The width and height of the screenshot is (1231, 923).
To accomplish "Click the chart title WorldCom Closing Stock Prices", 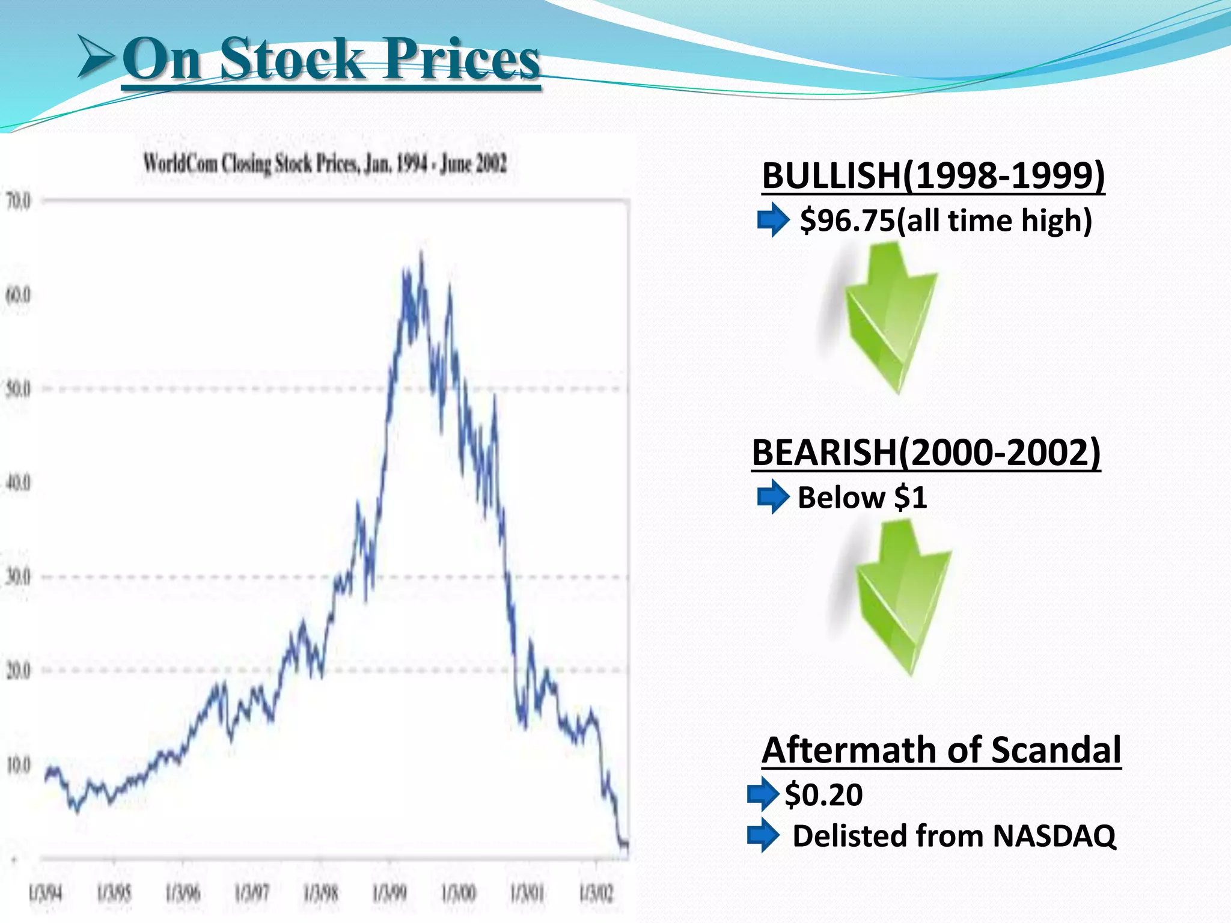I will pyautogui.click(x=325, y=163).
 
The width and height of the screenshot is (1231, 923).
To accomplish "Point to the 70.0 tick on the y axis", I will pyautogui.click(x=18, y=201).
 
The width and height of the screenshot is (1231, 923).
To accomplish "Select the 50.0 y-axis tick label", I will pyautogui.click(x=18, y=389).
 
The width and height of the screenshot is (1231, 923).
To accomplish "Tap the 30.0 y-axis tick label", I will pyautogui.click(x=18, y=577).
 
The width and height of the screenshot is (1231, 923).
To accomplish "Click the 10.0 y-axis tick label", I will pyautogui.click(x=18, y=766).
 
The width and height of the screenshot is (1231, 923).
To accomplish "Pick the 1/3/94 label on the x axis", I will pyautogui.click(x=45, y=894).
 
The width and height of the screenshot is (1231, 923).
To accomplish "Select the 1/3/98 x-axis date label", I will pyautogui.click(x=320, y=894).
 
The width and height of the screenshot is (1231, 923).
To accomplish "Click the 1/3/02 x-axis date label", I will pyautogui.click(x=596, y=894).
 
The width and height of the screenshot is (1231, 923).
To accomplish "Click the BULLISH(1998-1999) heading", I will pyautogui.click(x=933, y=176).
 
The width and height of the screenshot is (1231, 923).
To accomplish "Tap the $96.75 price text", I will pyautogui.click(x=848, y=221).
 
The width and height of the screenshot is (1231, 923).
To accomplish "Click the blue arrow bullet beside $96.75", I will pyautogui.click(x=773, y=221).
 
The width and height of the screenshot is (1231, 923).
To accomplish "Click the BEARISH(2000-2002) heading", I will pyautogui.click(x=926, y=452).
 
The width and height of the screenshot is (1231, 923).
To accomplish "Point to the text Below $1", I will pyautogui.click(x=862, y=498).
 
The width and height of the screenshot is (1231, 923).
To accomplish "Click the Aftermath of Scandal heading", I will pyautogui.click(x=941, y=750).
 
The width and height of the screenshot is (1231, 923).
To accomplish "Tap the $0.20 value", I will pyautogui.click(x=823, y=794).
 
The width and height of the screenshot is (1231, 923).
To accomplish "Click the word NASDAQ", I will pyautogui.click(x=1054, y=836).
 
